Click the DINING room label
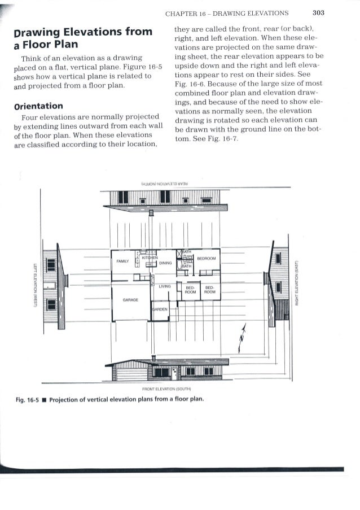point(165,263)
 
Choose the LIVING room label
point(165,287)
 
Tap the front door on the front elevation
point(175,372)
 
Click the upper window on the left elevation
point(51,264)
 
